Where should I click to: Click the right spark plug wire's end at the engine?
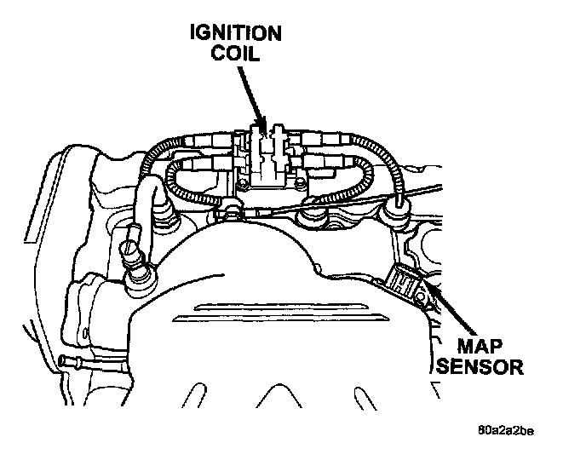point(398,205)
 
